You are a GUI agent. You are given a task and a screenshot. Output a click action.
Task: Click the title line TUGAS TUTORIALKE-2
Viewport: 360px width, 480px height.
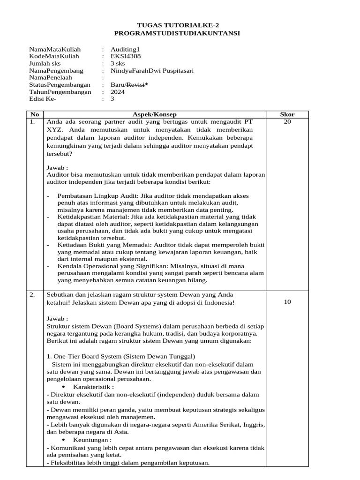point(177,25)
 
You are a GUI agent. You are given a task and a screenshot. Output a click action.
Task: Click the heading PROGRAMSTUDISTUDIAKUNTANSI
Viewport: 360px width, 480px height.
point(177,33)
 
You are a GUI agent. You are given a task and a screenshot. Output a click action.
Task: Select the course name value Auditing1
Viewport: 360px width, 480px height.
point(125,49)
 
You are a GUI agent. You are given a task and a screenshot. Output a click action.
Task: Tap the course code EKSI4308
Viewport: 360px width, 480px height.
point(125,56)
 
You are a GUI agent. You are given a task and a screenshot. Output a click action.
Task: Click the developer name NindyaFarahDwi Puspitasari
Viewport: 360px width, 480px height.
point(152,71)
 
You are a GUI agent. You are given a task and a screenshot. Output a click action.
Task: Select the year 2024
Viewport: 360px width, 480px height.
point(118,92)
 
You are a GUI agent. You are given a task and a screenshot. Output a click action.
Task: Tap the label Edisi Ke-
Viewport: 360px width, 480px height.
point(42,99)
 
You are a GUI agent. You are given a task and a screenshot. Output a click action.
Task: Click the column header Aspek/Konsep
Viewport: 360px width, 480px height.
point(155,114)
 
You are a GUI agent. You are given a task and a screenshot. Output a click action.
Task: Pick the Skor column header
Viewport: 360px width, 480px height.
point(287,114)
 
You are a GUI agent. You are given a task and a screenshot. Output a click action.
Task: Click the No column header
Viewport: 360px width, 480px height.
point(34,114)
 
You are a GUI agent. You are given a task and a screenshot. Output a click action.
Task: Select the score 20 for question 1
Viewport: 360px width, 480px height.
point(287,121)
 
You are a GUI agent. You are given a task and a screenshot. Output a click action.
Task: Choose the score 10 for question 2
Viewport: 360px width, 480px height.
point(287,302)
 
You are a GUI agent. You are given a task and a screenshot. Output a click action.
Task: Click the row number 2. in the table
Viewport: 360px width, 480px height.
point(32,294)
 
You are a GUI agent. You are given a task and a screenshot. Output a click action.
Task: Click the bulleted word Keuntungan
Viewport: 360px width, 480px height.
point(92,440)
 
